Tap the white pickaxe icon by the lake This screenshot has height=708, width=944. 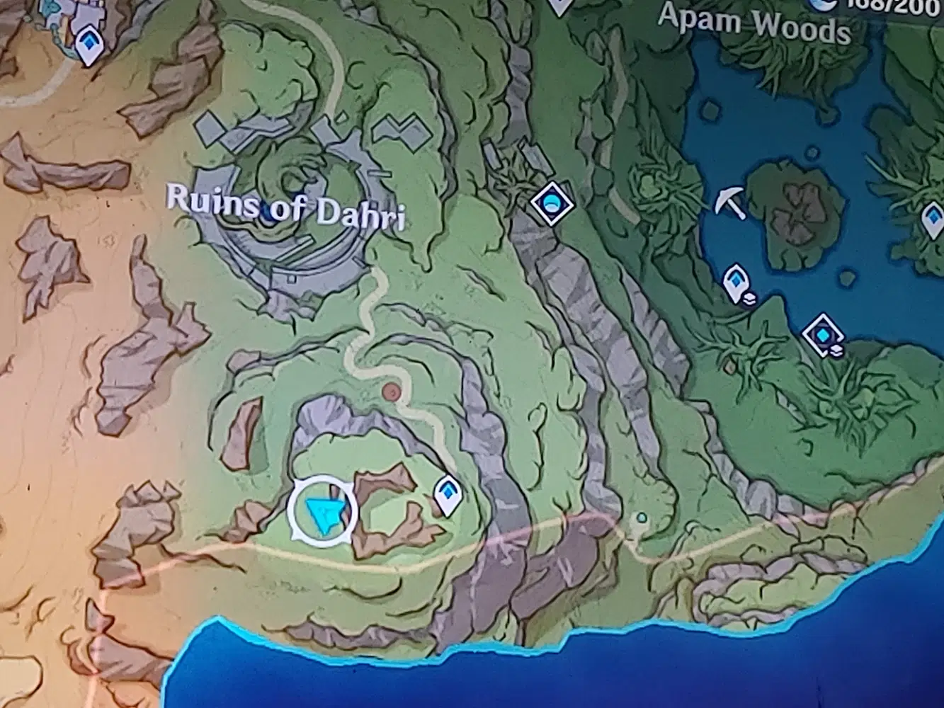point(729,203)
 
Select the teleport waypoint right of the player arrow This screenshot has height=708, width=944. point(448,494)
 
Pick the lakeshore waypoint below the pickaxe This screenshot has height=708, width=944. point(737,282)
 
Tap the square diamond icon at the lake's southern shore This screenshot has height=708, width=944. point(824,334)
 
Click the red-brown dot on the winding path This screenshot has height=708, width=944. point(389,392)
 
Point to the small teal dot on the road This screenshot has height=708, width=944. point(641,518)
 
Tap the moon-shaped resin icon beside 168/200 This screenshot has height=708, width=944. point(823,5)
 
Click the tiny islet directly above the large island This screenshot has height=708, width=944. point(812,152)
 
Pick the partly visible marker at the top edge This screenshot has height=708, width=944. point(559,6)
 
